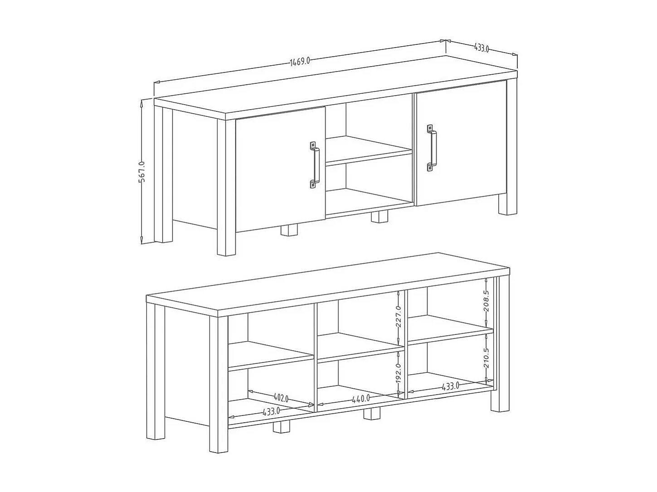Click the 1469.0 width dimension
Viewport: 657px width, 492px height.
click(300, 61)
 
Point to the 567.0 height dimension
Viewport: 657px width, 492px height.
click(141, 172)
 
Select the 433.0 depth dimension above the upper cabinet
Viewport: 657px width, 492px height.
click(481, 48)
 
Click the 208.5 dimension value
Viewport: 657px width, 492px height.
click(487, 300)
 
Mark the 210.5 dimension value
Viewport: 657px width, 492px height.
click(487, 358)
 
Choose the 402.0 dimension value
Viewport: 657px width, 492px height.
click(281, 398)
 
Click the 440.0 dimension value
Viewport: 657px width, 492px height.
click(361, 399)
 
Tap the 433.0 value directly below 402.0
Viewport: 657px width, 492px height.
click(271, 411)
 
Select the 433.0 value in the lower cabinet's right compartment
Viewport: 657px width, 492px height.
click(450, 386)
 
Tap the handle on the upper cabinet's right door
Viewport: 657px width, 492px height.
click(431, 148)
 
